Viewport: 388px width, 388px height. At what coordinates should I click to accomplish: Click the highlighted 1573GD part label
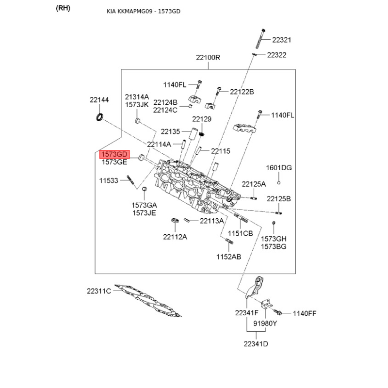(x=114, y=154)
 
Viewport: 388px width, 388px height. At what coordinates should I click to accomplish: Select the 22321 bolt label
(x=281, y=40)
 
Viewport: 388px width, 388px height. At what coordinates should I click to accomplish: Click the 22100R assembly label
(x=208, y=57)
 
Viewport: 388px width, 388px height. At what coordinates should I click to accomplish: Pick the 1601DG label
(x=279, y=168)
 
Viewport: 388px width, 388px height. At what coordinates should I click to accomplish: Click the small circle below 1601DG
(x=279, y=182)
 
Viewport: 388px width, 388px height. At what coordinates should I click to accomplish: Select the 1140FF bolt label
(x=304, y=313)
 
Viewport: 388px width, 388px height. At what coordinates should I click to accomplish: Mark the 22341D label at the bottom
(x=256, y=344)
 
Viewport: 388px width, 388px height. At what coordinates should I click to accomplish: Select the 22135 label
(x=170, y=131)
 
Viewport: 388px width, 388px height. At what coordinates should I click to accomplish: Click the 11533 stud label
(x=109, y=180)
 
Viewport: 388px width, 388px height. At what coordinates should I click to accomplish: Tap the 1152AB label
(x=228, y=256)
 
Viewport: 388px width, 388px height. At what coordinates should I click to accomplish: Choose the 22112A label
(x=175, y=237)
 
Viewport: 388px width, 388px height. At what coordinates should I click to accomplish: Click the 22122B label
(x=242, y=92)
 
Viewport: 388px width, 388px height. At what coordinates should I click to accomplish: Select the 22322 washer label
(x=276, y=55)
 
